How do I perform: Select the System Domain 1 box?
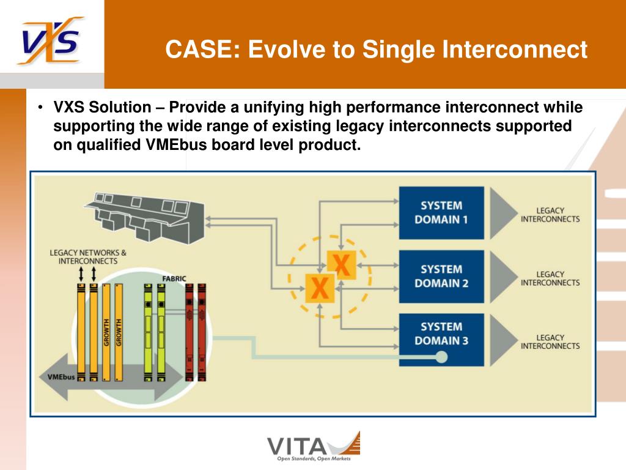coord(441,212)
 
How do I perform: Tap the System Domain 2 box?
coord(441,276)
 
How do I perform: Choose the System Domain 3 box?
coord(441,334)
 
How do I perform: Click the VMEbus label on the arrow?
coord(61,376)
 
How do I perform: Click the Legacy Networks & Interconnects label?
coord(88,256)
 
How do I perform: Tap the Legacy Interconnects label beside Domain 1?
coord(550,215)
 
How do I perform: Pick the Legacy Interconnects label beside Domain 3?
coord(550,341)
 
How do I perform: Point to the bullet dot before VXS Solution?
coord(40,108)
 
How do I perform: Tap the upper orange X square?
coord(341,264)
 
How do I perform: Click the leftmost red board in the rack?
coord(190,332)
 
